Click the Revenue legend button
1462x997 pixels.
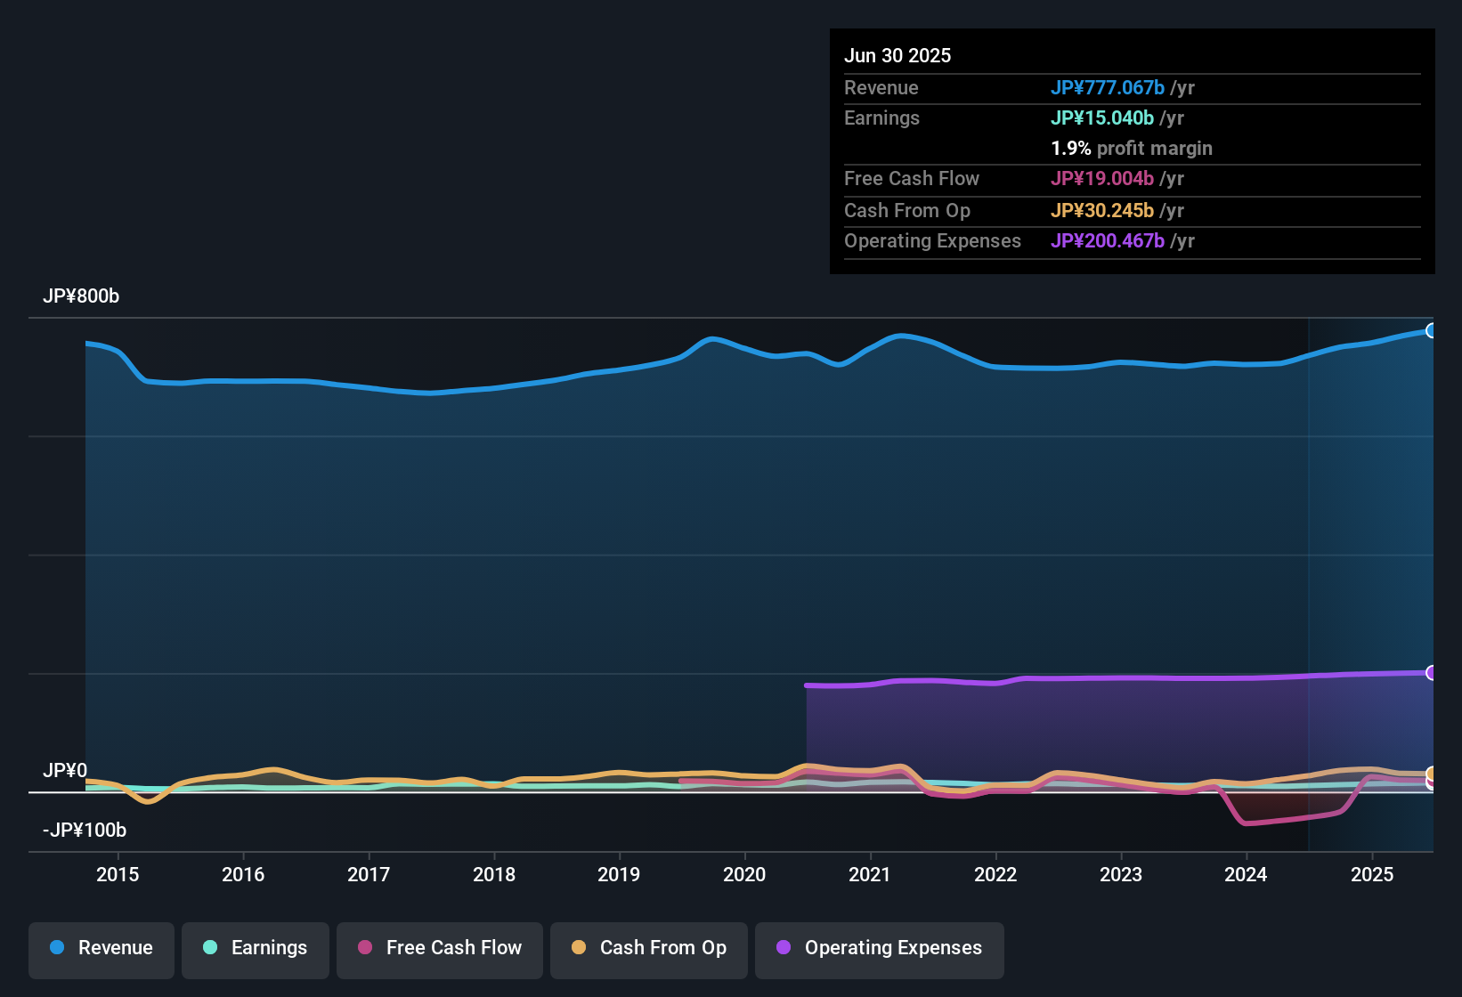click(x=102, y=948)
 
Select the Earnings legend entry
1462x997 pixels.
click(x=256, y=948)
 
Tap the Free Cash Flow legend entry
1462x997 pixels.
click(x=440, y=948)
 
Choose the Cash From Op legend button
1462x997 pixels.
click(x=649, y=948)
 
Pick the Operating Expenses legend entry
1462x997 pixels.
click(x=880, y=948)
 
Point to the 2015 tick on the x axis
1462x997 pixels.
click(x=118, y=874)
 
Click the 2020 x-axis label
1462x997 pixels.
click(x=744, y=874)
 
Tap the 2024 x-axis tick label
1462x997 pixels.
click(x=1246, y=874)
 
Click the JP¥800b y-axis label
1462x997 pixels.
click(x=81, y=296)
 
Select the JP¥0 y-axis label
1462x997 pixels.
click(x=65, y=770)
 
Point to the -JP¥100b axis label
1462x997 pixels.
click(x=85, y=830)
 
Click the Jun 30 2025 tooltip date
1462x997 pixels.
click(x=898, y=55)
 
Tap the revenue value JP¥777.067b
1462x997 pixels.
click(x=1108, y=87)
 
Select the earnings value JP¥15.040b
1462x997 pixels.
click(x=1102, y=118)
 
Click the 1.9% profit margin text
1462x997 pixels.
click(x=1132, y=148)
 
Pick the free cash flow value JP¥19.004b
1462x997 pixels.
click(x=1102, y=178)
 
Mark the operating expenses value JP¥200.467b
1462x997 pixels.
click(x=1108, y=240)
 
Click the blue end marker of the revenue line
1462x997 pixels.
click(x=1431, y=331)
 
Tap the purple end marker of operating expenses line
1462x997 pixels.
click(x=1431, y=672)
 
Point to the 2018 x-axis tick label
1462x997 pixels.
click(x=494, y=874)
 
